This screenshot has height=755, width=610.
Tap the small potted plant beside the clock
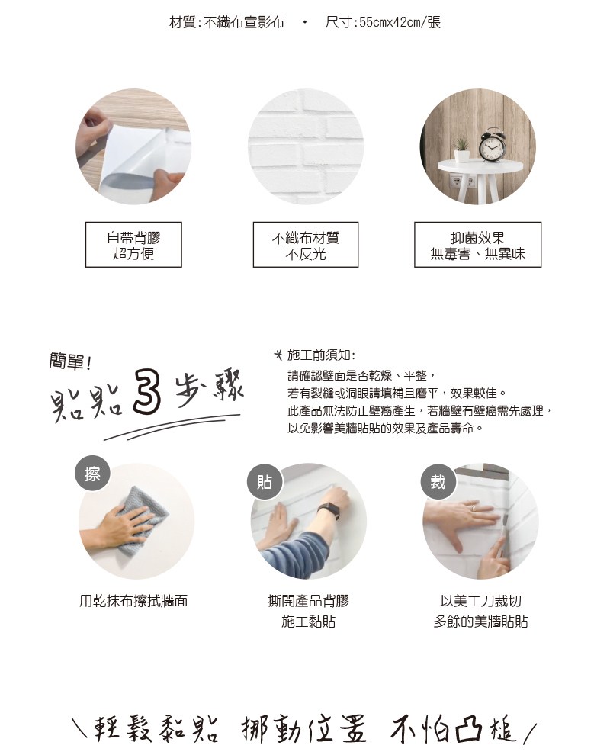pos(462,149)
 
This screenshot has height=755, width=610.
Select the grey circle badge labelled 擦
pos(93,474)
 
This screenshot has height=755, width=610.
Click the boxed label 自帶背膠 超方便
pos(133,245)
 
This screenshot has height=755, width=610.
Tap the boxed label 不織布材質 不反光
pos(306,245)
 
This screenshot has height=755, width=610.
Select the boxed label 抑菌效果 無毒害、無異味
pos(477,245)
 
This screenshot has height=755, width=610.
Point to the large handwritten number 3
pos(146,391)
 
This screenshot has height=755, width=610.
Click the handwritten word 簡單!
pos(70,361)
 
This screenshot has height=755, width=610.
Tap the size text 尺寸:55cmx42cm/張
pos(383,22)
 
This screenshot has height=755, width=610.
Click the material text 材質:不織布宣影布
pos(226,22)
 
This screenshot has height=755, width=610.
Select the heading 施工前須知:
pos(321,355)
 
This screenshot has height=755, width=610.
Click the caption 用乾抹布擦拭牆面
pos(133,601)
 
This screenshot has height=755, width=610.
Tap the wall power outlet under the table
pos(462,182)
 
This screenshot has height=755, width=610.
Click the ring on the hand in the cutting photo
pos(473,507)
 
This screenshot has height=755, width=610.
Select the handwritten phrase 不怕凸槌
pos(454,730)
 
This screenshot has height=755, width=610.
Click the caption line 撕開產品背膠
pos(308,601)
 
